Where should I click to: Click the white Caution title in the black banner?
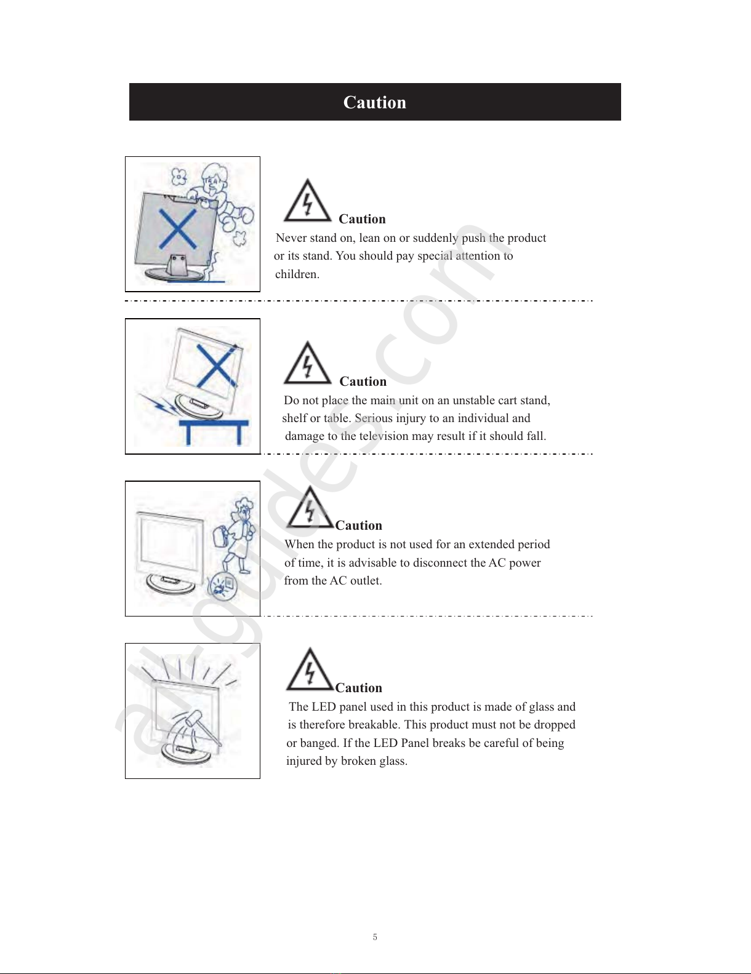coord(375,102)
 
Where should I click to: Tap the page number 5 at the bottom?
coord(375,936)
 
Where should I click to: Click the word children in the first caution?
coord(297,274)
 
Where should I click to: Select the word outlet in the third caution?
coord(366,580)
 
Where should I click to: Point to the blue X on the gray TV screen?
coord(178,229)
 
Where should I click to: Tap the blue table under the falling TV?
coord(214,431)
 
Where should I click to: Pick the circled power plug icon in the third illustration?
coord(223,585)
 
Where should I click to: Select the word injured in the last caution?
coord(303,760)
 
